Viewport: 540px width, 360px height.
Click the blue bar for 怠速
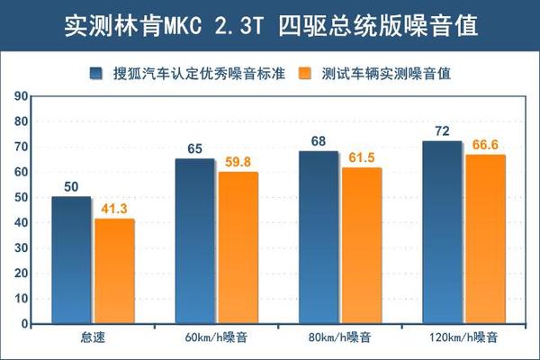(x=71, y=260)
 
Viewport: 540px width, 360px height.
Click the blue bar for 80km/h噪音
(x=318, y=238)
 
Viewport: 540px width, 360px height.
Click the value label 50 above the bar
(x=71, y=187)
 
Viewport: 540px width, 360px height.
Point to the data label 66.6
(x=485, y=146)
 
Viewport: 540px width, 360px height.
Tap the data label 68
(x=318, y=142)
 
